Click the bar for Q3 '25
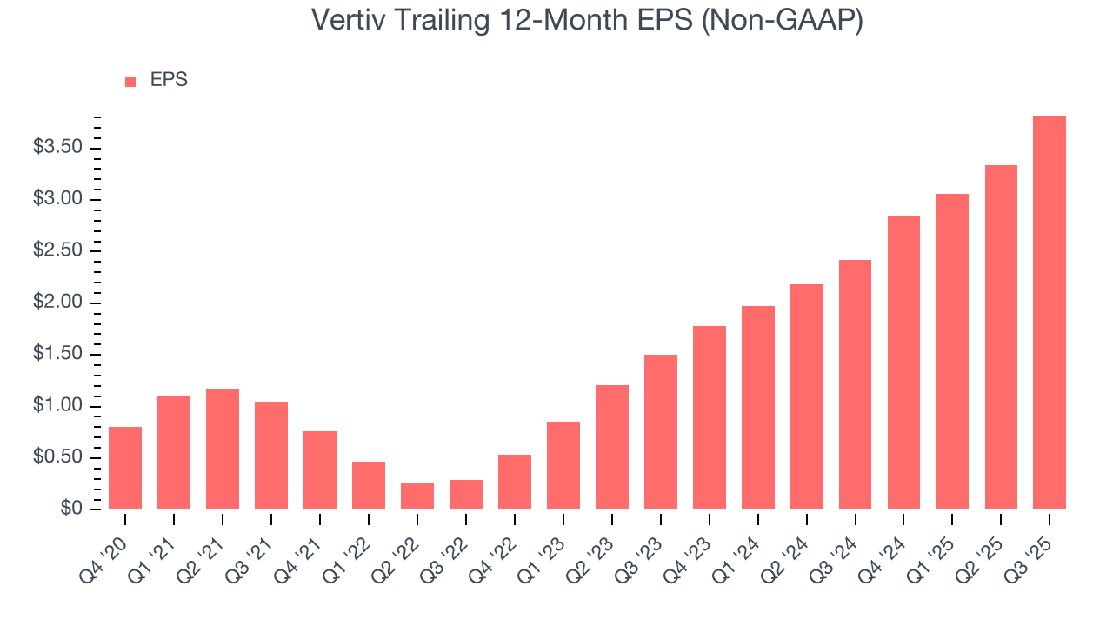(x=1050, y=313)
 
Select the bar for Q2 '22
(x=417, y=496)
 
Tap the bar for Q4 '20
(x=125, y=468)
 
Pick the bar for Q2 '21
(x=223, y=449)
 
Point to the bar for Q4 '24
(x=903, y=363)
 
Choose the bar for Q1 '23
(x=563, y=465)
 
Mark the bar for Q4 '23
(x=710, y=417)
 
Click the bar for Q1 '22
(x=369, y=485)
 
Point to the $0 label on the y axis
(x=72, y=509)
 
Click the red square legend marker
(x=130, y=82)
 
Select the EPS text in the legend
(x=169, y=80)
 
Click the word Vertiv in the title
(x=352, y=20)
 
